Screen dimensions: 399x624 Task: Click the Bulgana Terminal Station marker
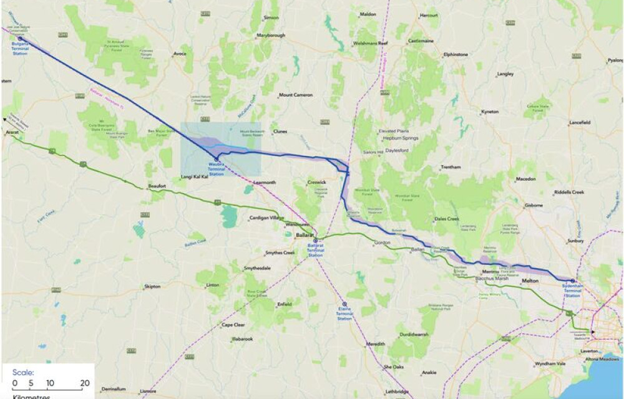(20, 39)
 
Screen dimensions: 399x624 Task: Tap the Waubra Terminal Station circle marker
(216, 159)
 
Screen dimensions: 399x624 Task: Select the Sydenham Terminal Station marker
(573, 281)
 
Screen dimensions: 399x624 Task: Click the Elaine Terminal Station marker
(344, 304)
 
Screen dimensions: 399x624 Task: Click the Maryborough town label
(271, 36)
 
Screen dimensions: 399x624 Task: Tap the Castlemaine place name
(421, 41)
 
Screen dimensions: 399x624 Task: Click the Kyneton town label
(490, 112)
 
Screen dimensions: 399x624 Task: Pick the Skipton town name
(152, 286)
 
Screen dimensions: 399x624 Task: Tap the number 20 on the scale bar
(85, 383)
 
